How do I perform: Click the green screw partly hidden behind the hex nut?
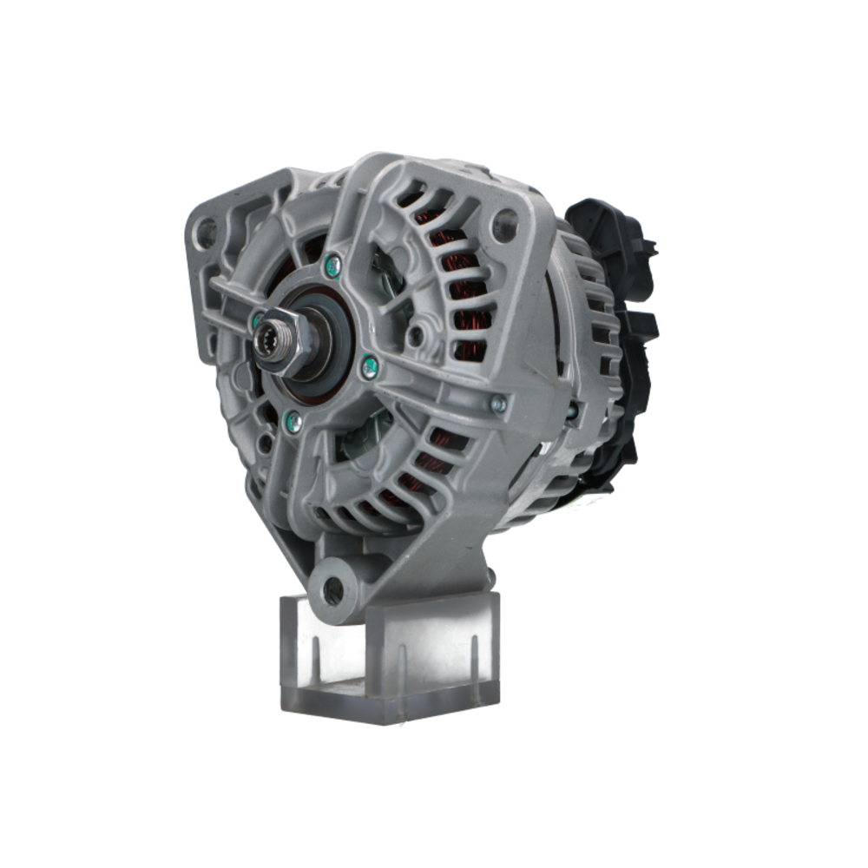pos(257,321)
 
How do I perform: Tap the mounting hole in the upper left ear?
pos(206,232)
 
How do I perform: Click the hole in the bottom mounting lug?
pos(333,591)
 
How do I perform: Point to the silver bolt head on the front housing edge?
pos(497,403)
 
